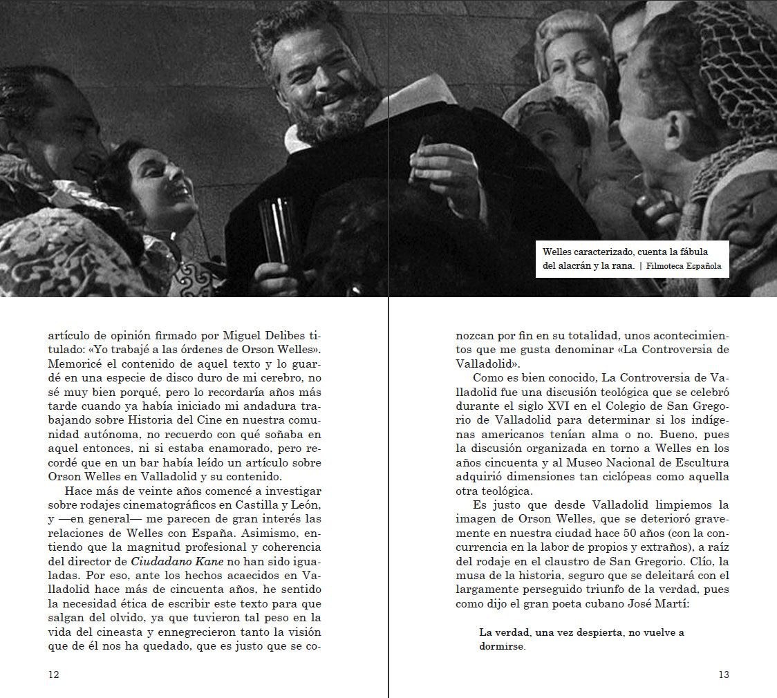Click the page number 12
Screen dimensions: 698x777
(x=53, y=675)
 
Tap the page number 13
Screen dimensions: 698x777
(x=723, y=675)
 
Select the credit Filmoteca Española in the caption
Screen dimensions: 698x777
(x=684, y=266)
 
